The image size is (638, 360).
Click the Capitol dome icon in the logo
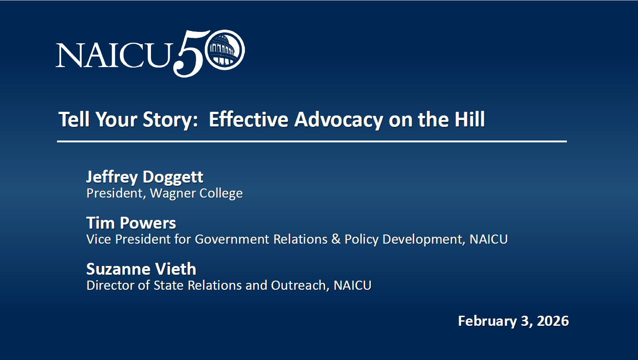[224, 50]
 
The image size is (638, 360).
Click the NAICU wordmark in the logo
[114, 55]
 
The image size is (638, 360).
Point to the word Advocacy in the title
[338, 120]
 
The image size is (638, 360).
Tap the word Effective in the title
[249, 119]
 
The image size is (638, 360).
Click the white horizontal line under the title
[312, 141]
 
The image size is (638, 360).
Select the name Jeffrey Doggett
[145, 177]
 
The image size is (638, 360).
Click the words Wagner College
[196, 193]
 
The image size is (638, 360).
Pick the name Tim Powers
[131, 223]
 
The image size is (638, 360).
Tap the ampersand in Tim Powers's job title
[336, 239]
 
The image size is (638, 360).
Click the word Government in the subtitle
[232, 239]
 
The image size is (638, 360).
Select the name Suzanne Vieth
[141, 269]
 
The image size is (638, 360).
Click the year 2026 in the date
[553, 321]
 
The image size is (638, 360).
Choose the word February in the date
[487, 322]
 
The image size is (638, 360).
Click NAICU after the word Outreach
[353, 286]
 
